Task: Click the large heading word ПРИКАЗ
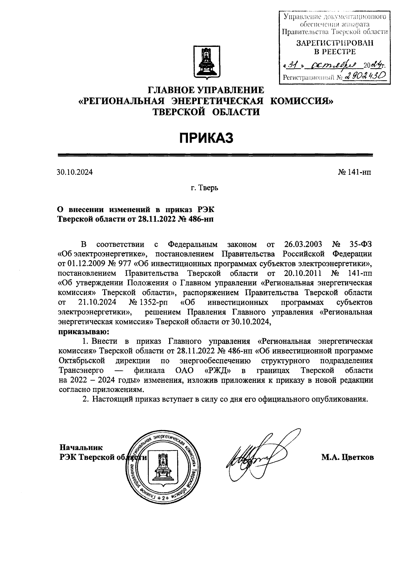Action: coord(205,138)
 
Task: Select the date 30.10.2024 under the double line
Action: coord(74,172)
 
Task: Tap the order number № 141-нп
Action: coord(354,172)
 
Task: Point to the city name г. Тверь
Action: coord(205,188)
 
